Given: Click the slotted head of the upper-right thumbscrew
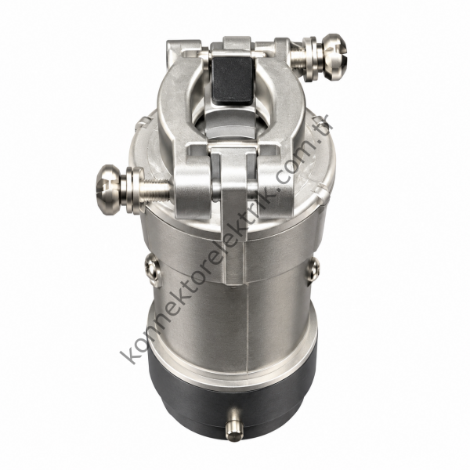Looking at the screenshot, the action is [x=334, y=57].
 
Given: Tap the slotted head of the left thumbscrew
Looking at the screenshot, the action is [x=109, y=190].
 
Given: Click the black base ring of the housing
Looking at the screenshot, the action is [x=233, y=405].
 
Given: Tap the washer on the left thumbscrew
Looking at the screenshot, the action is [x=133, y=190].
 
